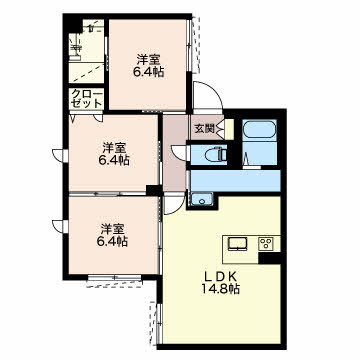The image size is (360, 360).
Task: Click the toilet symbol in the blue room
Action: (x=217, y=155)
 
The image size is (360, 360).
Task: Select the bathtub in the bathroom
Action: (x=259, y=129)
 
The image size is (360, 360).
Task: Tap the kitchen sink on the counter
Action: (x=237, y=244)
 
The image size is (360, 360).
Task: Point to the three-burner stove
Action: (x=267, y=244)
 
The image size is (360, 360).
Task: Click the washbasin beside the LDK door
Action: (x=202, y=200)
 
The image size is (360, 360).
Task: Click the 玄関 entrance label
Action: (x=204, y=128)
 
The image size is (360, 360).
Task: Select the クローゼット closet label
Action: (x=87, y=98)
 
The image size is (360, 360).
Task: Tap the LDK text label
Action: (x=220, y=276)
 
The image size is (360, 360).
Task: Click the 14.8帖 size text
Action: (x=220, y=289)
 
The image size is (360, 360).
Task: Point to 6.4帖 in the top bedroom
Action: (x=149, y=72)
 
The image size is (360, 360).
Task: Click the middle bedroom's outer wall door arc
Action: (x=59, y=156)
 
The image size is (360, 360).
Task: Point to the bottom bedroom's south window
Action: (x=114, y=278)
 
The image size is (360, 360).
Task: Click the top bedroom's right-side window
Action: (x=190, y=45)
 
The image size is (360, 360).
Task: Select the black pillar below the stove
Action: (x=269, y=258)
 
